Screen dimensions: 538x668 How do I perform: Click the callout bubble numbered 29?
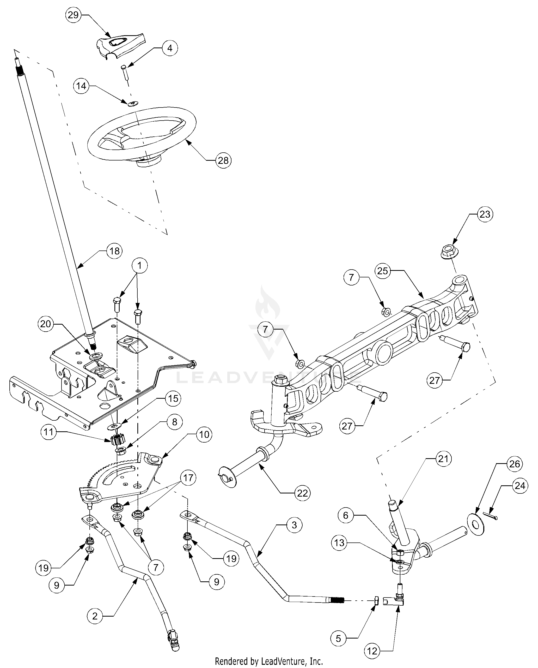[x=73, y=15]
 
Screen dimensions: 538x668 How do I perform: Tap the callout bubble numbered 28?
[x=223, y=160]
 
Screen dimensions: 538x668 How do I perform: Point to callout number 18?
[x=114, y=251]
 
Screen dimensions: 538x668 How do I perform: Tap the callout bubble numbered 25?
[x=382, y=271]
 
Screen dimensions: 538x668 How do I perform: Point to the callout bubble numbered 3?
[x=294, y=525]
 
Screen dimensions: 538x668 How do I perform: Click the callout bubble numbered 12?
[x=372, y=650]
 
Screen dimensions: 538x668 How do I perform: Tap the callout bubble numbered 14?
[x=81, y=86]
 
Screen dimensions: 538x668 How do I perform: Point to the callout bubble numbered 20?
[x=45, y=324]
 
